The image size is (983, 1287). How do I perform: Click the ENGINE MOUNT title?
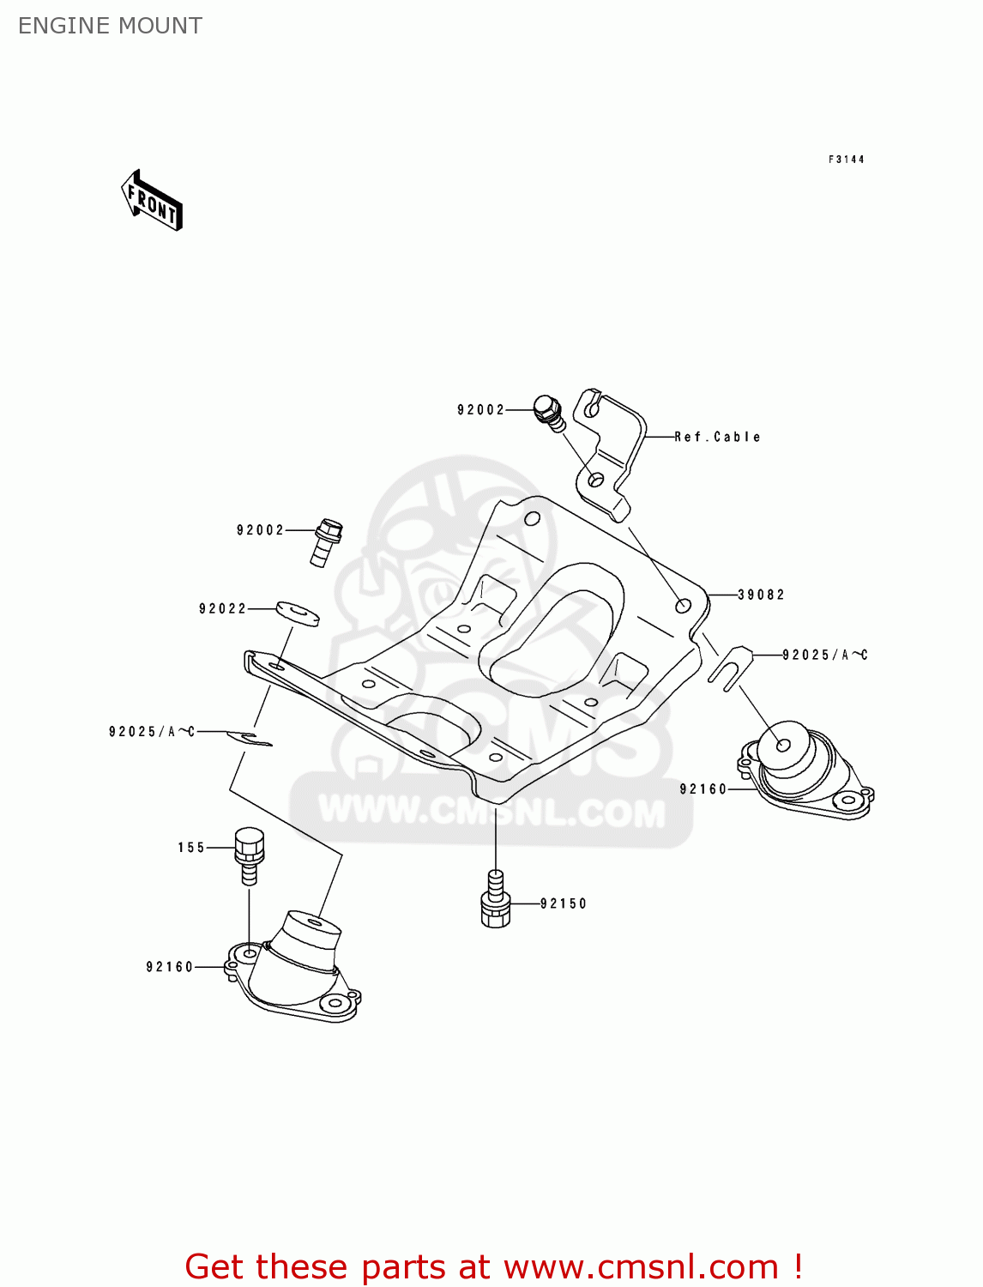(110, 26)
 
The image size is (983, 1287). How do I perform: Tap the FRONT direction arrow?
(152, 201)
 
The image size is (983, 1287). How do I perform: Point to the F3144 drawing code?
(846, 160)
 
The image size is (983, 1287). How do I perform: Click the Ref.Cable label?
(717, 437)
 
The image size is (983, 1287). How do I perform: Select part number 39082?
(760, 595)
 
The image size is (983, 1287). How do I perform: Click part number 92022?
(223, 608)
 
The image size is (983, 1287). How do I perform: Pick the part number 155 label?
(191, 847)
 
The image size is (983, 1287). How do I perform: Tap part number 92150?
(563, 903)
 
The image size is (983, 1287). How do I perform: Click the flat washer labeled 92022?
(298, 613)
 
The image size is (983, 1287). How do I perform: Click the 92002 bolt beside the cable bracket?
(549, 413)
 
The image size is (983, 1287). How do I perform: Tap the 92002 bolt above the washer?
(326, 542)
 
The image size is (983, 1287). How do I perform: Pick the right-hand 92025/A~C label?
(824, 655)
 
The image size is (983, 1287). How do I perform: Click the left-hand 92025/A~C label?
(151, 732)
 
